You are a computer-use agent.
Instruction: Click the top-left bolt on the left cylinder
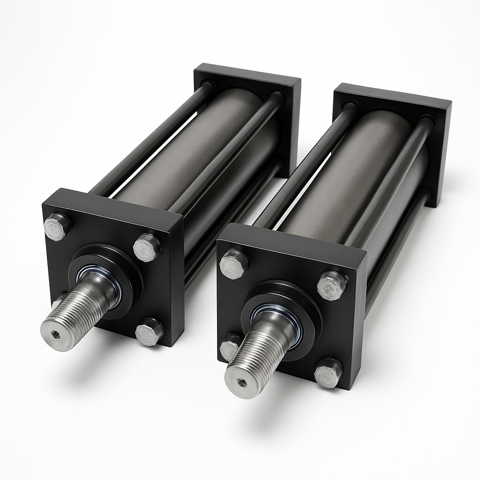[57, 226]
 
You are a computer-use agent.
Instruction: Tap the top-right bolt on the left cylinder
[147, 247]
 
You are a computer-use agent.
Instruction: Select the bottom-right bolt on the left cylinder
[149, 331]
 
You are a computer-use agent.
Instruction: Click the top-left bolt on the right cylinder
[234, 264]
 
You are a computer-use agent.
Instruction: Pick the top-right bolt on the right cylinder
[332, 285]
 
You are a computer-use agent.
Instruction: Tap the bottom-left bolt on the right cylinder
[230, 347]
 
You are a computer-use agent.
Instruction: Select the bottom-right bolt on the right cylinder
[328, 373]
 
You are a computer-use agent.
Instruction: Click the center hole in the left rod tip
[56, 335]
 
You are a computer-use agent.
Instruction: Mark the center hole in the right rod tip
[242, 382]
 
